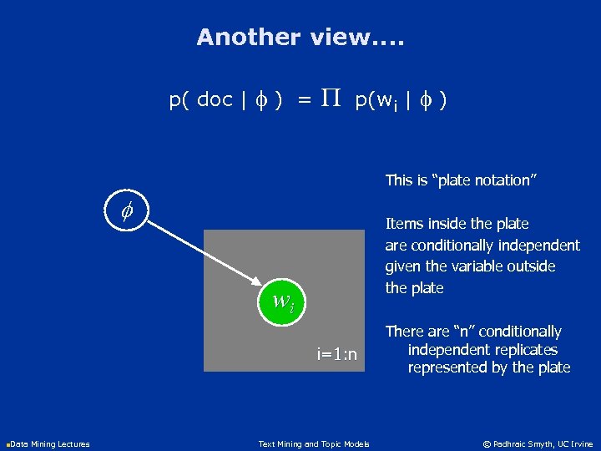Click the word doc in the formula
[x=215, y=100]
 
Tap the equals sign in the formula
[x=305, y=100]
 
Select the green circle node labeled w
[x=281, y=300]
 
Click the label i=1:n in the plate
[x=336, y=355]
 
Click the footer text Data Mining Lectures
[x=51, y=444]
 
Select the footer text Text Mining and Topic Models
[x=314, y=444]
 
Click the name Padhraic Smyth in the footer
[x=526, y=444]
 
